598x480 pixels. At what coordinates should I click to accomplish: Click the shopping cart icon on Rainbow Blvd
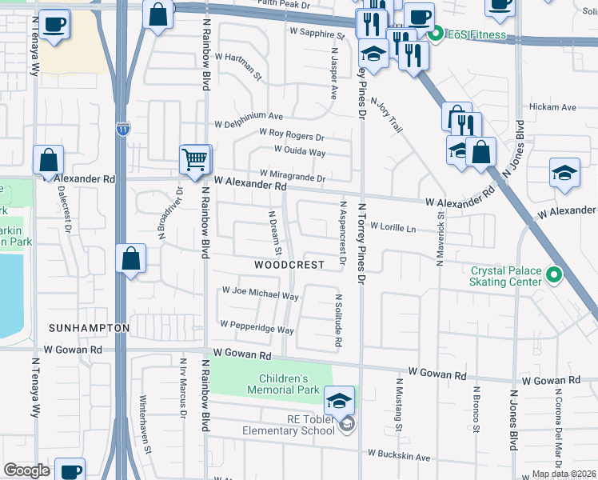(x=195, y=158)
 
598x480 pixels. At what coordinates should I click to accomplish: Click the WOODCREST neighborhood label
(x=289, y=265)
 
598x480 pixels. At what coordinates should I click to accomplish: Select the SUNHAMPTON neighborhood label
(x=89, y=329)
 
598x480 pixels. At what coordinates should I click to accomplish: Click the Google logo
(x=27, y=470)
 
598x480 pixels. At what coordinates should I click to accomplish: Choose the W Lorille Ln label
(x=393, y=227)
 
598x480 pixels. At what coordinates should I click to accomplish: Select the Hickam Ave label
(x=552, y=107)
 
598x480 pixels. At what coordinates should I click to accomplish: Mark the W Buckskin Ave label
(x=399, y=456)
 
